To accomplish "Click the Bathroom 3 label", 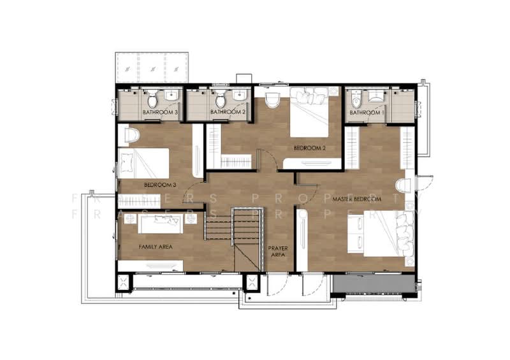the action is point(160,112).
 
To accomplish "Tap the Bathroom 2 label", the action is point(228,112).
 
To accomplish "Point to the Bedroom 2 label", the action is point(310,148).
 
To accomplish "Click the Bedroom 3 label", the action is point(160,185).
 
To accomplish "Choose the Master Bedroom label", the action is point(357,199).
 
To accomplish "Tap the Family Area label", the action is point(156,247).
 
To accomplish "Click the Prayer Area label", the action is point(278,252).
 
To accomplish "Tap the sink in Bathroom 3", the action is point(171,96).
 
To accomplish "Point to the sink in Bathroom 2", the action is point(239,96).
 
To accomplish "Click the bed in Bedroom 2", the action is point(309,112).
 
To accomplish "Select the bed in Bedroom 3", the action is point(144,163).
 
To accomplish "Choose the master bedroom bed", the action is point(381,233).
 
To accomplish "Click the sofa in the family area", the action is point(160,224).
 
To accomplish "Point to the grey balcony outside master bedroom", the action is point(374,284).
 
